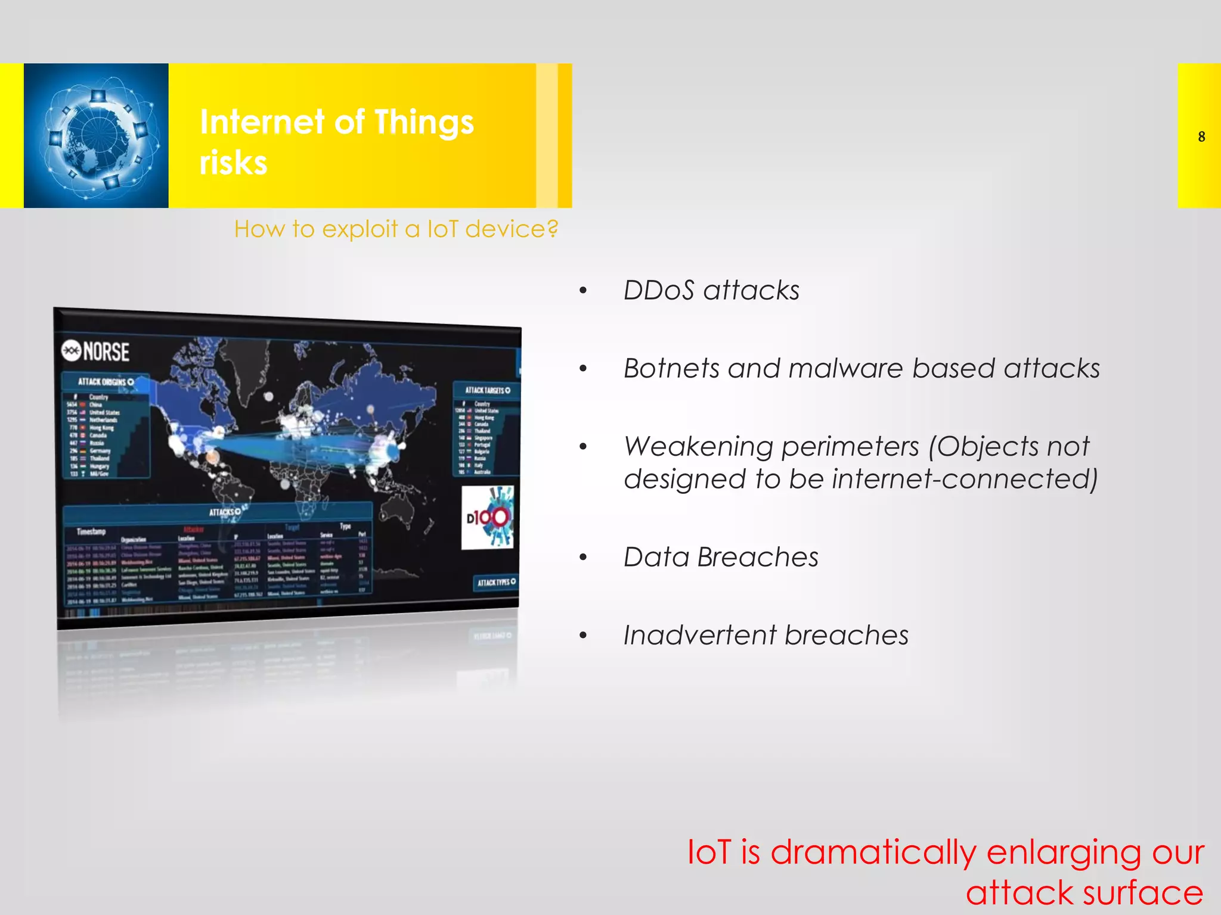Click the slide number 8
pos(1201,137)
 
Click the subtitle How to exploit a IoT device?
pos(396,229)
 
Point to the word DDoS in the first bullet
pos(659,291)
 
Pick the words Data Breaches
pos(721,558)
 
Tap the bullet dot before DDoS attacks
pos(583,291)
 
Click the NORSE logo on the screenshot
pos(95,351)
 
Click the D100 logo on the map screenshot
pos(488,517)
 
